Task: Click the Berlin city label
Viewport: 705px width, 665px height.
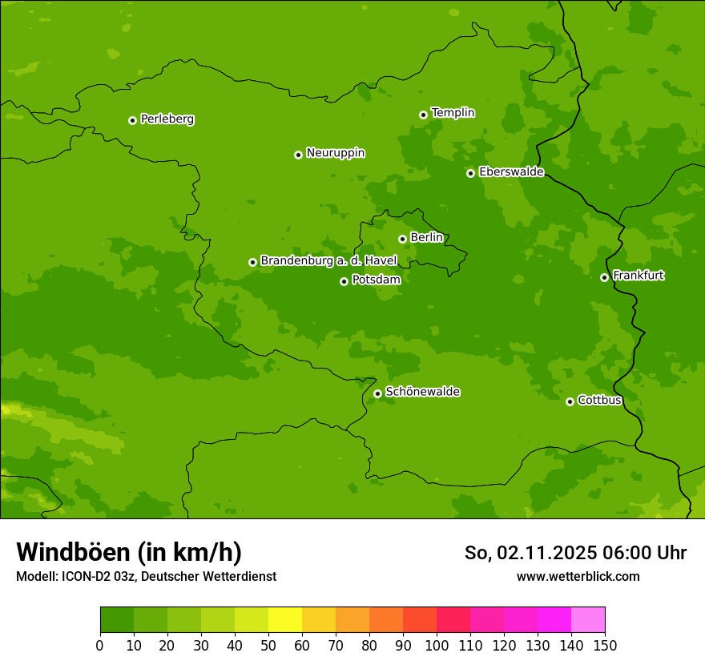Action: click(x=426, y=237)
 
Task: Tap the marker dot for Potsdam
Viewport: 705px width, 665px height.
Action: click(x=344, y=281)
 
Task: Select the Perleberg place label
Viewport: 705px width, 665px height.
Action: click(x=167, y=119)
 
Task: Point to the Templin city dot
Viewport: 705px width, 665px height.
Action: click(x=423, y=115)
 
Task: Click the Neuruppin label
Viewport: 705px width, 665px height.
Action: click(x=335, y=153)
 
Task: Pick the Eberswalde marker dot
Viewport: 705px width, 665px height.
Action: click(x=470, y=173)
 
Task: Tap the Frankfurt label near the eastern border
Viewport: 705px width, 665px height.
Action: click(x=638, y=276)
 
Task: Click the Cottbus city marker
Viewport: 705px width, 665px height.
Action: click(x=570, y=401)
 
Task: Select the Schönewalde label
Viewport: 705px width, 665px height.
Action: click(x=422, y=392)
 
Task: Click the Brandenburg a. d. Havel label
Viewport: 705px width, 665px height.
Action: click(x=328, y=260)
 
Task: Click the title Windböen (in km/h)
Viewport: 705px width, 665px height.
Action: click(x=129, y=552)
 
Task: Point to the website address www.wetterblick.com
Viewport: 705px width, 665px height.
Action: click(x=578, y=576)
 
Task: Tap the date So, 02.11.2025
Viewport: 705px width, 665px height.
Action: click(x=530, y=553)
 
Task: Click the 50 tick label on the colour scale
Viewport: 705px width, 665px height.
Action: click(x=268, y=645)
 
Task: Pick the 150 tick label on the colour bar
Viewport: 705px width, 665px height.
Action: click(x=605, y=645)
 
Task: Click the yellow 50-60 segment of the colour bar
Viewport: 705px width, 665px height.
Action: click(x=285, y=620)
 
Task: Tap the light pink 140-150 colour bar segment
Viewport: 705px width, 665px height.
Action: click(x=588, y=620)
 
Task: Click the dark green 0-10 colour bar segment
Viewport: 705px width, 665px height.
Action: click(x=117, y=620)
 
